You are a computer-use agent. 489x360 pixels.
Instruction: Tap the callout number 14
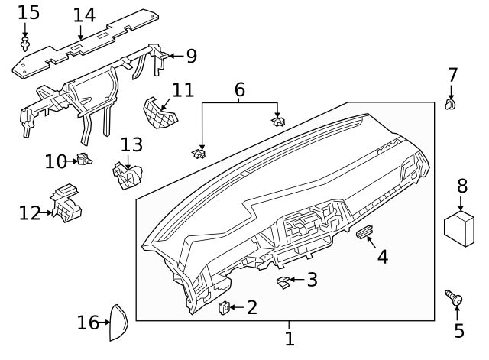(84, 15)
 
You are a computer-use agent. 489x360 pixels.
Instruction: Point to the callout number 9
(191, 55)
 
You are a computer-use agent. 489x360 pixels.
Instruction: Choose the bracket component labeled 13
(125, 174)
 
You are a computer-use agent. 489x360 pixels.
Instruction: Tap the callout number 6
(239, 89)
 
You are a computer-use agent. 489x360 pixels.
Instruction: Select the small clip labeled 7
(451, 103)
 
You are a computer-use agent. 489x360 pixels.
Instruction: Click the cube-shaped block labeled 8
(461, 228)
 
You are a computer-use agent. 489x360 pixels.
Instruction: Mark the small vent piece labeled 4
(364, 232)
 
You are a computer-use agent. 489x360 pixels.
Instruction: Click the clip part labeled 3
(283, 283)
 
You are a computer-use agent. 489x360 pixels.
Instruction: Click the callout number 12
(29, 213)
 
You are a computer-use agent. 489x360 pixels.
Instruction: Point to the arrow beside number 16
(105, 323)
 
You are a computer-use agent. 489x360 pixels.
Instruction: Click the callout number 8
(461, 186)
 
